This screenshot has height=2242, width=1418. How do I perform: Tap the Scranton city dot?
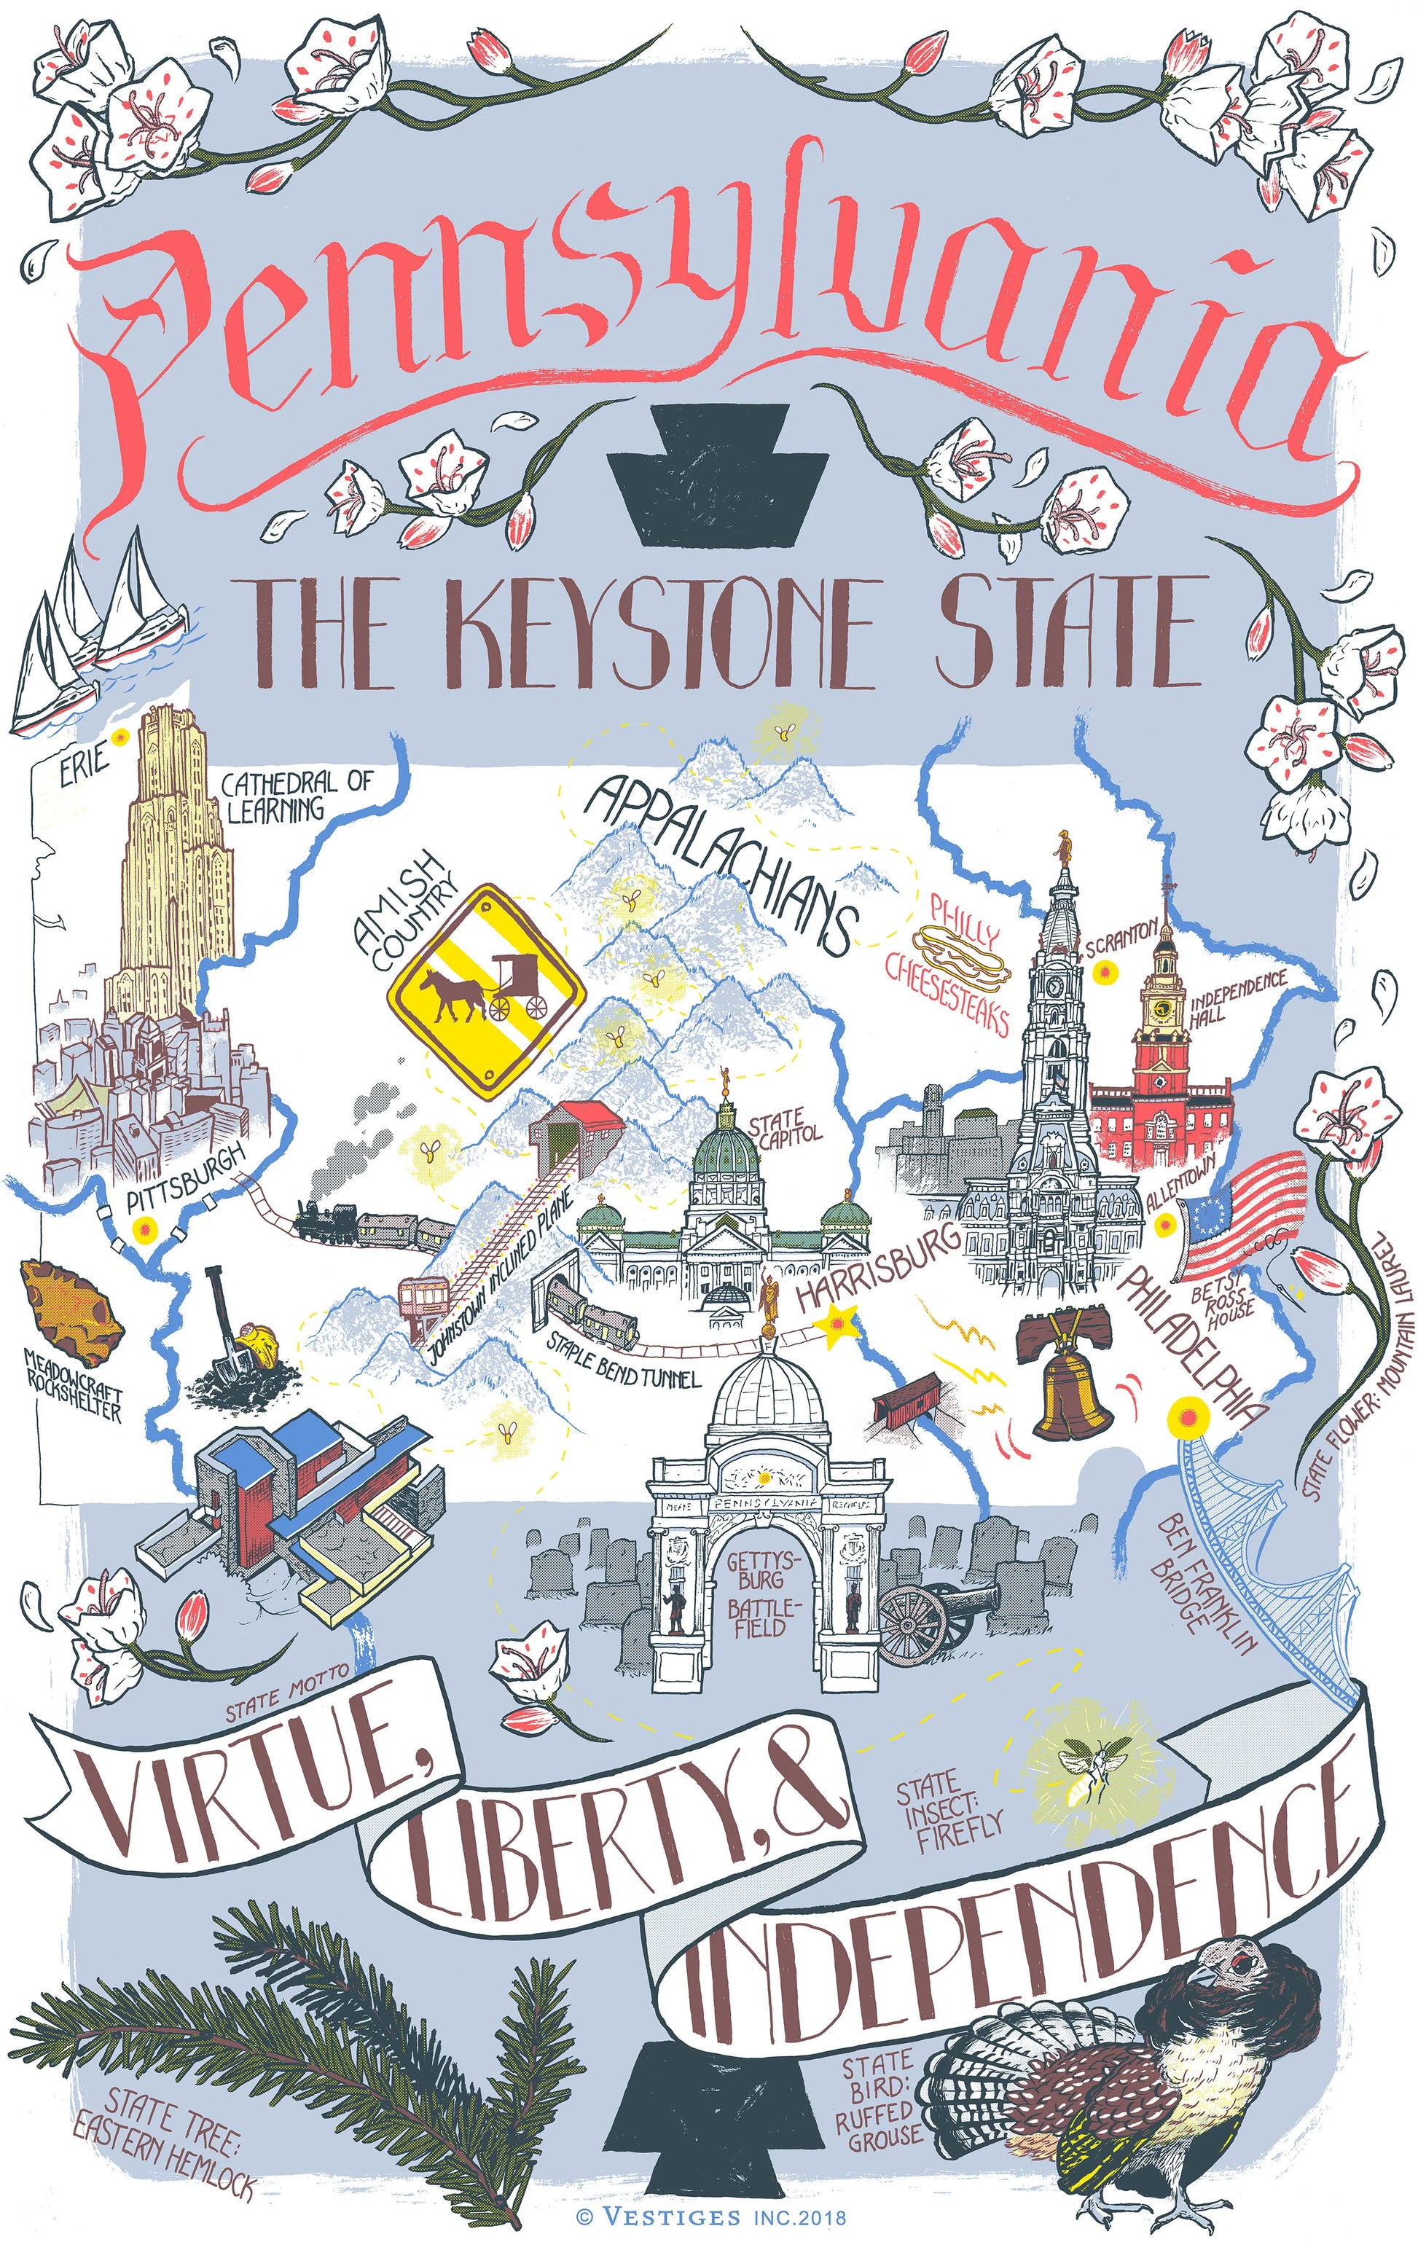point(1105,973)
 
